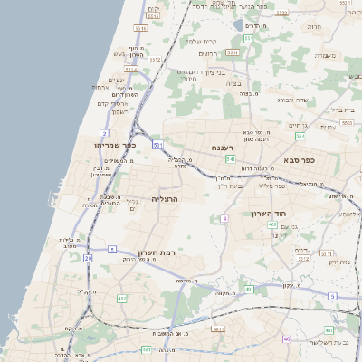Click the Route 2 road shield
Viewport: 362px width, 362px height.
coord(105,132)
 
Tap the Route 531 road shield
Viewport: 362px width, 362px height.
coord(157,145)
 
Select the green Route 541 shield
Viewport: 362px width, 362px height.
coord(231,158)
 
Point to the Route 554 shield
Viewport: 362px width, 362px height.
coord(300,135)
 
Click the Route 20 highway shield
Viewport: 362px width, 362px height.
coord(88,258)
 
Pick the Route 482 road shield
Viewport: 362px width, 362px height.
coord(121,298)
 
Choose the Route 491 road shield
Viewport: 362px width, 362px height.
coord(217,330)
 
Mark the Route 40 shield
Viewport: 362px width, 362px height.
coord(287,339)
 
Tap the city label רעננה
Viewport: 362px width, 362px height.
coord(223,148)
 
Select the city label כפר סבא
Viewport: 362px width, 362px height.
coord(296,161)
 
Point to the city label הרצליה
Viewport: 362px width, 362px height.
coord(165,198)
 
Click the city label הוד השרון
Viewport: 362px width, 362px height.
coord(268,214)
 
